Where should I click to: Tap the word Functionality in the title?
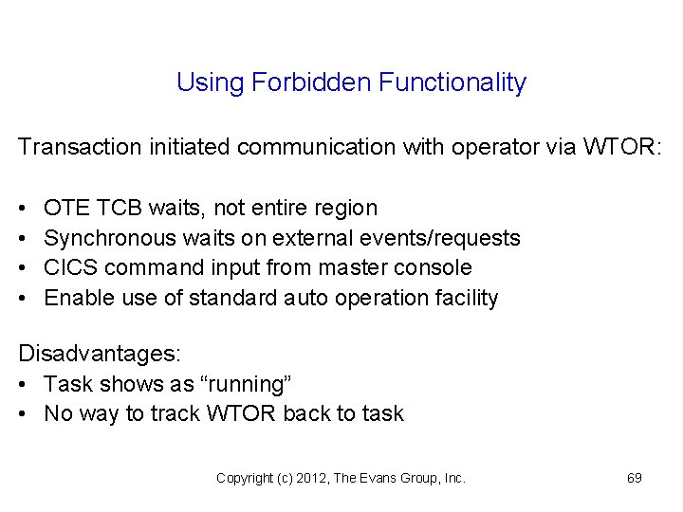452,82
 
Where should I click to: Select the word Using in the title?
211,83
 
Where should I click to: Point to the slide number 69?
635,478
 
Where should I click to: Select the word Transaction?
78,147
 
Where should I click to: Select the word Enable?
77,298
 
